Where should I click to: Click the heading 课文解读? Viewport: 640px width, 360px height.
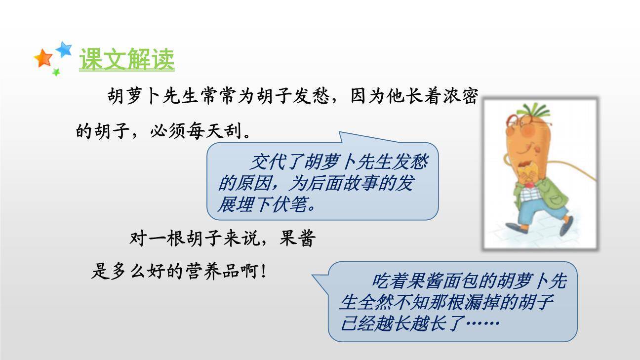pos(126,60)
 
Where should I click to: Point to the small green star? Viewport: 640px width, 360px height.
pos(56,72)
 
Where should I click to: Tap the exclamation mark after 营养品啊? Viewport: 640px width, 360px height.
pos(263,271)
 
